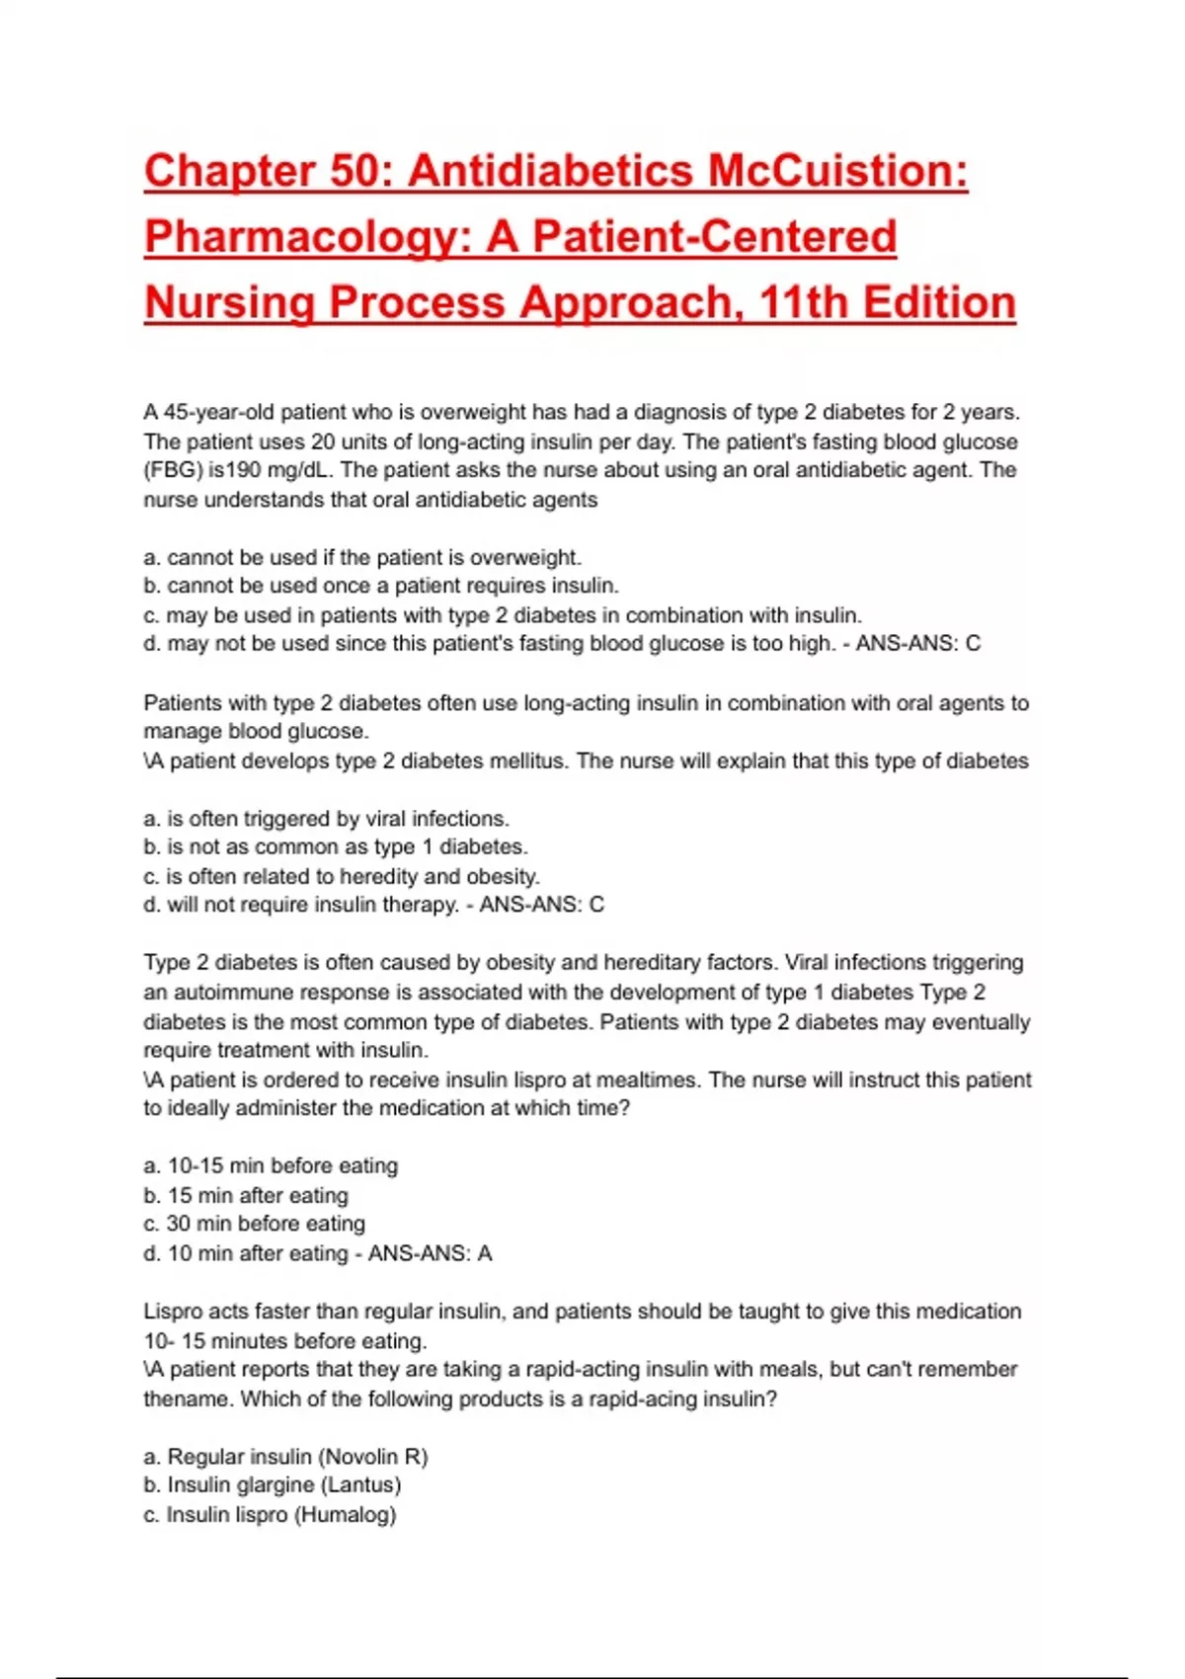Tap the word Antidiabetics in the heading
551,171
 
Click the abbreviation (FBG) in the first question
173,470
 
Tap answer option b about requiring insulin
381,586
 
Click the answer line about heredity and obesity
342,876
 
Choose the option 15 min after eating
246,1195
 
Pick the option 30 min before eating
254,1224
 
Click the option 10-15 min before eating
271,1165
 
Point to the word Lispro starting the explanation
171,1312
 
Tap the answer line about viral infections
326,819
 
